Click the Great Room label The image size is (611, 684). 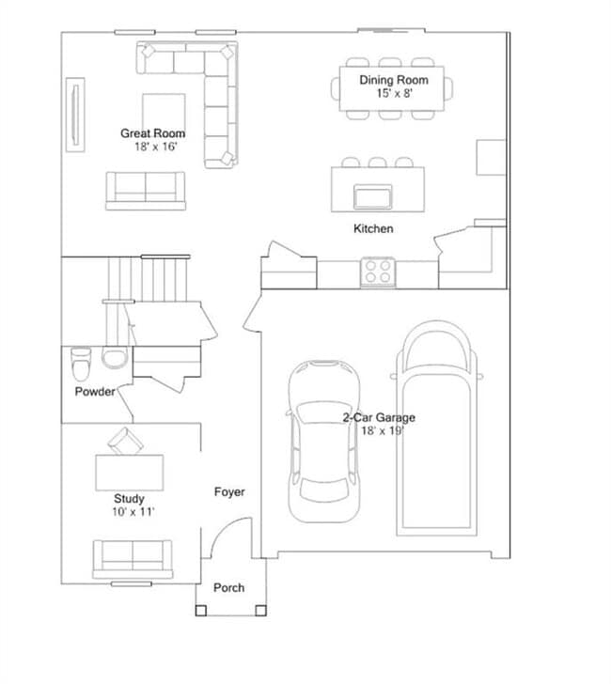pos(152,133)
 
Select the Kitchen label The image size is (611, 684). pos(373,229)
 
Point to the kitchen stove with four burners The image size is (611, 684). pos(379,272)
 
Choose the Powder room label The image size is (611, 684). pos(95,391)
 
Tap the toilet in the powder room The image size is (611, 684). pos(81,360)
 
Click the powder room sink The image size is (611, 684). pos(114,359)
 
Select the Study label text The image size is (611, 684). pos(130,499)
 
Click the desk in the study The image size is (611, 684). pos(129,470)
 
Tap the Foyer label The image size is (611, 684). pos(229,491)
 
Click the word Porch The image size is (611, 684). pos(228,588)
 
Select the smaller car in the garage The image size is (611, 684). pos(324,442)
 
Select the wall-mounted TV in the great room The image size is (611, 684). pos(73,116)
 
